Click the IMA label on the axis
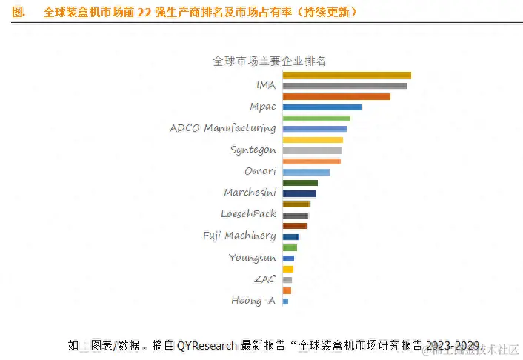tap(265, 85)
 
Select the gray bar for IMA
tap(344, 86)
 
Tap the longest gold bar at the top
tap(347, 75)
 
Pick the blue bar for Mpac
tap(322, 107)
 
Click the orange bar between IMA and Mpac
tap(336, 96)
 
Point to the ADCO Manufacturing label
tap(222, 128)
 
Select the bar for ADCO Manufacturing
tap(314, 129)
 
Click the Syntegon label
tap(253, 150)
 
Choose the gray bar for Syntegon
tap(312, 150)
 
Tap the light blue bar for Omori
tap(306, 172)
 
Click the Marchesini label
tap(250, 193)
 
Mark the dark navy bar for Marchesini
tap(299, 193)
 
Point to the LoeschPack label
tap(248, 214)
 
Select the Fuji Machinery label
tap(239, 236)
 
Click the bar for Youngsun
tap(288, 258)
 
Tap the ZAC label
tap(264, 279)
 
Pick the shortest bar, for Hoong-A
tap(285, 301)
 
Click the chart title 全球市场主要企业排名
tap(270, 61)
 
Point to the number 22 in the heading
tap(144, 13)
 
